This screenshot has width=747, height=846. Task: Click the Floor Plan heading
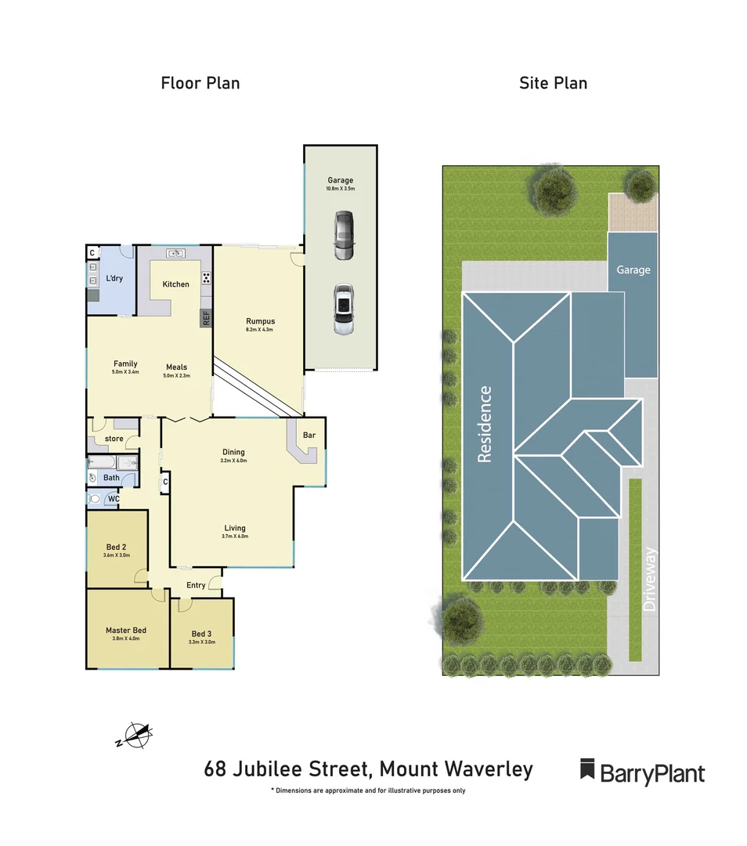coord(200,83)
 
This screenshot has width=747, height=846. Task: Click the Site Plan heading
coord(553,83)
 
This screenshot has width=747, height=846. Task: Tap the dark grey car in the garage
coord(343,235)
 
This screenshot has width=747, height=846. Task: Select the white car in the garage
coord(343,309)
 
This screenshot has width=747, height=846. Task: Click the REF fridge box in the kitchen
coord(206,318)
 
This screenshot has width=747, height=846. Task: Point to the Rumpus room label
coord(260,321)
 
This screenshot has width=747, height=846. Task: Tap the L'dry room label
coord(114,279)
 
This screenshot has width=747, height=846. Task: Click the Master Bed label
coord(126,631)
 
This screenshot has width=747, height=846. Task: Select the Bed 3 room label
coord(201,634)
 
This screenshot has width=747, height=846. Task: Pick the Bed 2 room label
coord(116,548)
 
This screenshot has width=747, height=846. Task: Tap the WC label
coord(114,498)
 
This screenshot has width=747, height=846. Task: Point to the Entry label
coord(196,585)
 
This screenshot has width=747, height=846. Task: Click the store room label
coord(114,439)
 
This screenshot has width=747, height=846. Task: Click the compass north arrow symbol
coord(137,736)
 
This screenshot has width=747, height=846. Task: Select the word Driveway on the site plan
coord(649,579)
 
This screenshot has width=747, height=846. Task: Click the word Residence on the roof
coord(485,424)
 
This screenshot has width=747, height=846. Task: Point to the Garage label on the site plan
coord(633,270)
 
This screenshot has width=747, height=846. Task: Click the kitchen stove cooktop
coord(206,278)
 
